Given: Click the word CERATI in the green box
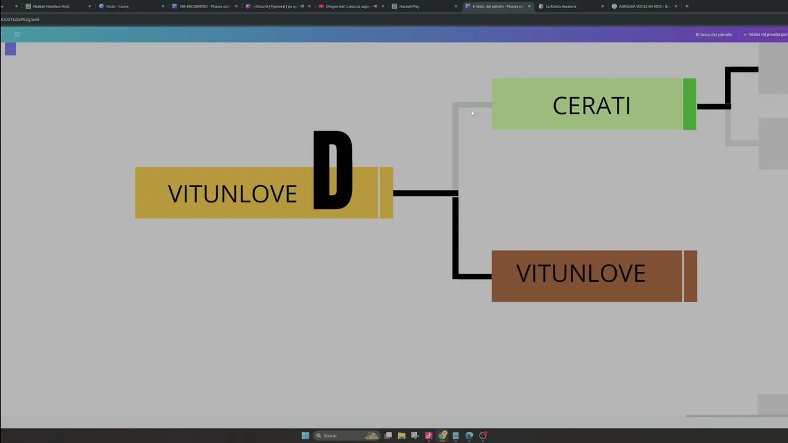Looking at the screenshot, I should click(x=591, y=106).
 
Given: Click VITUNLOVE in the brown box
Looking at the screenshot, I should click(x=581, y=274).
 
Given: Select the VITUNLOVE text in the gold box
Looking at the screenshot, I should click(x=232, y=194).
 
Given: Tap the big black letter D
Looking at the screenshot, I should click(x=332, y=170).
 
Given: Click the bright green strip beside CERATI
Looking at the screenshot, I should click(x=689, y=104).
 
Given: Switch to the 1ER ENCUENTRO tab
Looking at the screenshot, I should click(x=204, y=6).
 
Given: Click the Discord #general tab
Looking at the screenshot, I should click(x=275, y=6).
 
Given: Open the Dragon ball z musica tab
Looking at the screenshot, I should click(x=347, y=6).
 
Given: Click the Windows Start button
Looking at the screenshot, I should click(x=305, y=436).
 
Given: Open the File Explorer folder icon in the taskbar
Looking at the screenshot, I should click(x=401, y=436).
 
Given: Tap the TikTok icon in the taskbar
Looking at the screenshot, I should click(x=428, y=436).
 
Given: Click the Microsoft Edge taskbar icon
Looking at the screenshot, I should click(x=469, y=436).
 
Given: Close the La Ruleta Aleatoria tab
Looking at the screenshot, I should click(x=602, y=6).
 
